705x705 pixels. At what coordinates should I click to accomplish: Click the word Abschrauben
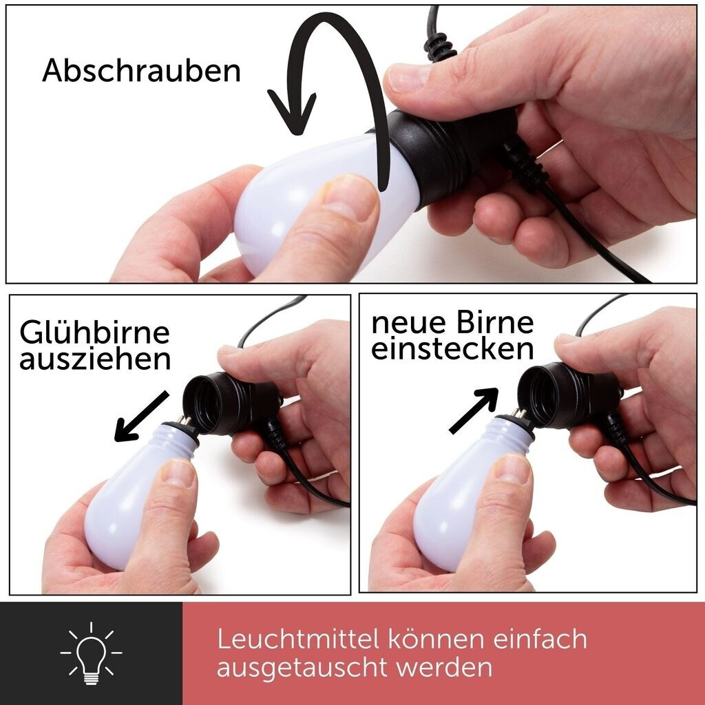pos(141,70)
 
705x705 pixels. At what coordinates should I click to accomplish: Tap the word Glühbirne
pos(94,333)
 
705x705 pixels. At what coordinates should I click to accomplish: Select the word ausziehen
pos(95,359)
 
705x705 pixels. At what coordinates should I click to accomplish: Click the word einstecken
pos(452,348)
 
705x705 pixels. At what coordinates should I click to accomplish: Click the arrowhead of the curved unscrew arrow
pos(292,112)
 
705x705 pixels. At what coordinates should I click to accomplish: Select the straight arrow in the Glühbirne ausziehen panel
pos(141,417)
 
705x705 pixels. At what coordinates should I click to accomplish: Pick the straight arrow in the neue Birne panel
pos(474,410)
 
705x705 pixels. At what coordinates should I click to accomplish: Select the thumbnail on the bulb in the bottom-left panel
pos(178,473)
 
